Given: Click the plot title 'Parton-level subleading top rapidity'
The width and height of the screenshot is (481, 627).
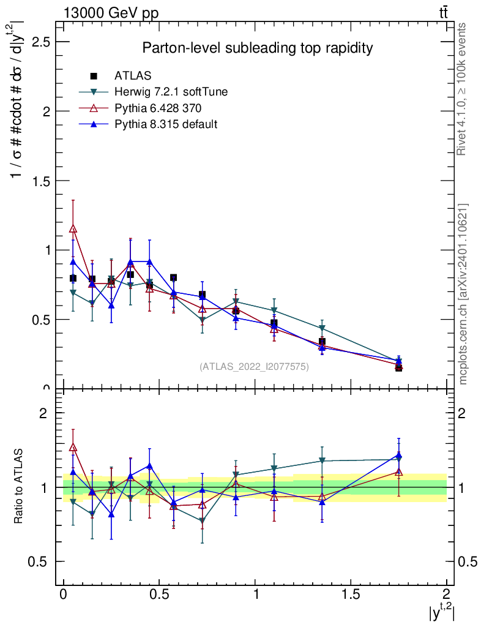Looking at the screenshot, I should (258, 48).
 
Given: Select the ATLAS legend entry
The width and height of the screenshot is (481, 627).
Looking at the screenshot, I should (133, 76).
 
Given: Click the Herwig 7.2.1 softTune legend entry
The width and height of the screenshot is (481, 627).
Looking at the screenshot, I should (171, 92).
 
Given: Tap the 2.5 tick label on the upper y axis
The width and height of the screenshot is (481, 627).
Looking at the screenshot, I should (40, 42).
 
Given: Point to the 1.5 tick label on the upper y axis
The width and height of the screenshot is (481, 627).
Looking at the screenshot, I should (40, 181).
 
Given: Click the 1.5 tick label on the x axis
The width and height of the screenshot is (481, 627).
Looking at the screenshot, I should (351, 595).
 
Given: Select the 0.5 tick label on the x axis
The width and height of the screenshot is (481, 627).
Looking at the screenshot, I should (158, 595).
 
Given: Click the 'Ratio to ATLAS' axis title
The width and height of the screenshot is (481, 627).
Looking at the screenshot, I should (19, 487).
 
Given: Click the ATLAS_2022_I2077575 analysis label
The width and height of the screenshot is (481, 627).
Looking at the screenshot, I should (254, 367).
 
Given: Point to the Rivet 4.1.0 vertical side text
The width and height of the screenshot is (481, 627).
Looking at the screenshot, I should (462, 88).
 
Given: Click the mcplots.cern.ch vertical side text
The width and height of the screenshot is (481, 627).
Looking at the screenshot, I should (463, 294).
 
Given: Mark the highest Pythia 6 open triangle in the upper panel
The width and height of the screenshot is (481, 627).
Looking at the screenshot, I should (73, 229).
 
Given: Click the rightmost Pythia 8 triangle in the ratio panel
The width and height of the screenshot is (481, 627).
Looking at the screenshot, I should (398, 455).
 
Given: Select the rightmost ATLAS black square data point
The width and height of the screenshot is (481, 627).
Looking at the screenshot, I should (398, 367).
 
